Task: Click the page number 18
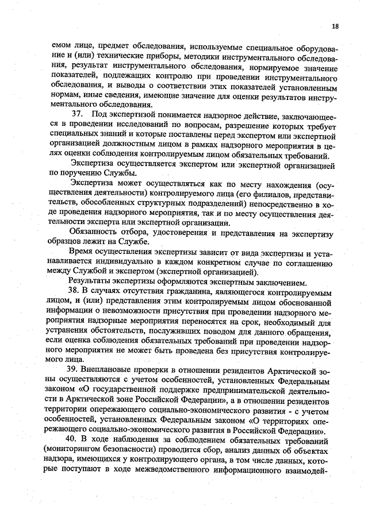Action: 335,26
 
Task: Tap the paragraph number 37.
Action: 77,114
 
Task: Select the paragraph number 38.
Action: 74,291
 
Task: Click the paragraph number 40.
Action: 74,440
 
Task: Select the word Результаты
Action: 91,282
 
